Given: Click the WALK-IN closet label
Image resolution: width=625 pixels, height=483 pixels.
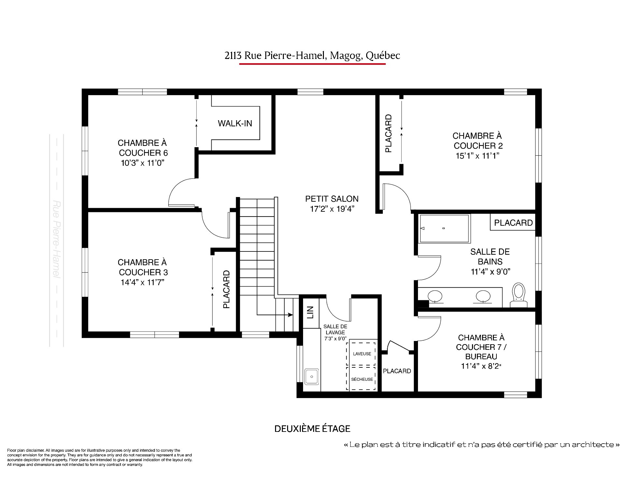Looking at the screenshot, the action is click(235, 123).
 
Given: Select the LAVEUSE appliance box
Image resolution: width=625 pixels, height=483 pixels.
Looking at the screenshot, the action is click(362, 354).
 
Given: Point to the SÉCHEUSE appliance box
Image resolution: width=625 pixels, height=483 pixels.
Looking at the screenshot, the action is click(362, 379).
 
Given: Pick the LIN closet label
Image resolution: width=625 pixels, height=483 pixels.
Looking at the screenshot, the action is click(310, 312).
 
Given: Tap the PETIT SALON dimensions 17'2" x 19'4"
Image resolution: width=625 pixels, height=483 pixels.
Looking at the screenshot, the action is click(332, 209).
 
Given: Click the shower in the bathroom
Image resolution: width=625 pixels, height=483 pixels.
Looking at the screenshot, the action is click(445, 228).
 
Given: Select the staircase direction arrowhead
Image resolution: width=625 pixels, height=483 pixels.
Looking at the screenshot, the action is click(290, 315).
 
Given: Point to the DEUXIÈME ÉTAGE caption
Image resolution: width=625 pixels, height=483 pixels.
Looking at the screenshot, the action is click(312, 429).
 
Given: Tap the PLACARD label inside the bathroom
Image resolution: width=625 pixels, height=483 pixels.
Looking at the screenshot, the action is click(513, 223).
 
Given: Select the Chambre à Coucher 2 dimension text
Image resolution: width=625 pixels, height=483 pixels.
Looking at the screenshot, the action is click(478, 156).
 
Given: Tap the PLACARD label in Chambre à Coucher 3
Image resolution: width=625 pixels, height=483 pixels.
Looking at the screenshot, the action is click(227, 289).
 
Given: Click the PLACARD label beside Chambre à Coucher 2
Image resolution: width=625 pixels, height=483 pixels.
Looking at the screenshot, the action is click(389, 134).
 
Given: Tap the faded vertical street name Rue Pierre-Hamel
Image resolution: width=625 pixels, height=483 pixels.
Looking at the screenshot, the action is click(57, 240).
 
